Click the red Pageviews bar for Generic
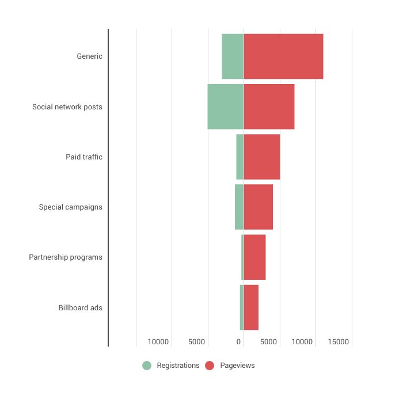point(283,56)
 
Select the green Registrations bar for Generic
point(233,56)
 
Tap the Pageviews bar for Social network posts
point(269,107)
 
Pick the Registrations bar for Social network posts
point(225,107)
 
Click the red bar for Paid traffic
point(261,157)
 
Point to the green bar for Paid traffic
point(239,157)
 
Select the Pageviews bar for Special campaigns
point(258,207)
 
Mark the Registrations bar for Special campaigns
point(239,207)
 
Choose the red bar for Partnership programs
point(254,257)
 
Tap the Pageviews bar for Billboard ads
point(251,307)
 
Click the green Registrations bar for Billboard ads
point(242,307)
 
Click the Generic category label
point(89,56)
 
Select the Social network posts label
point(67,107)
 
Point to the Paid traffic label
point(84,157)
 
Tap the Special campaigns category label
point(71,207)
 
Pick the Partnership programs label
point(66,257)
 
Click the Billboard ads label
point(81,307)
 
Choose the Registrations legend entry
point(172,366)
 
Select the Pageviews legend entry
point(230,366)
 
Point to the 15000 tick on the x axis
point(339,342)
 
